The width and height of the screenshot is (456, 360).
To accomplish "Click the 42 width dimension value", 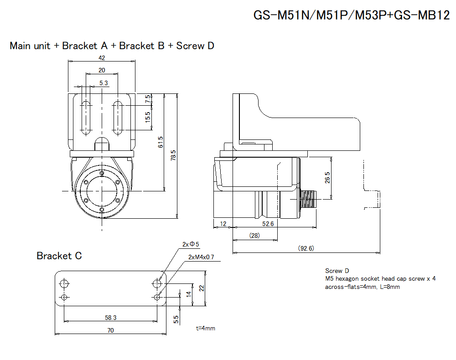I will coord(102,58).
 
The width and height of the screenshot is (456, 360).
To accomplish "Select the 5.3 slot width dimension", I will coord(104,83).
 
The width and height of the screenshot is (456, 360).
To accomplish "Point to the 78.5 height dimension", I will coord(173,155).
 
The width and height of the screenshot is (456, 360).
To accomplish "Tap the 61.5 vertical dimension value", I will coord(161,142).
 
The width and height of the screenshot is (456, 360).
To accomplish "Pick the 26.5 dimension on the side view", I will coord(327,177).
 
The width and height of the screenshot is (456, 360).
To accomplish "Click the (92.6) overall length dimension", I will coord(306,248).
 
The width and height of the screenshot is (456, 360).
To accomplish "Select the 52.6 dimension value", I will coord(268,223).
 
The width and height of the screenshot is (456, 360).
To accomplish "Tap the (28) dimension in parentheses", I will coord(254,235).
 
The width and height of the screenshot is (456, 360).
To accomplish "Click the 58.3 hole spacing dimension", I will coord(110,317).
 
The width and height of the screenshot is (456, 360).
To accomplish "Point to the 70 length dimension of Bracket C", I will coord(110,330).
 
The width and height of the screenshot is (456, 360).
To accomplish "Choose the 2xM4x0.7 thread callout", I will coord(201,257).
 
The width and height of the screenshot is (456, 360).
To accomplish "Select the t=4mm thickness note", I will coord(205,328).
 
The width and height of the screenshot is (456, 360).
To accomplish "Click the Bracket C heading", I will coord(59,256).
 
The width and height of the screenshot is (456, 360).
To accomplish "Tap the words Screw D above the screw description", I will coord(337,271).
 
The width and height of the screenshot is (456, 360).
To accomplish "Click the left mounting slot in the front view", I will coord(85,117).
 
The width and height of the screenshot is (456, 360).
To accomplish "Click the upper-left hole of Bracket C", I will coord(65,283).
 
